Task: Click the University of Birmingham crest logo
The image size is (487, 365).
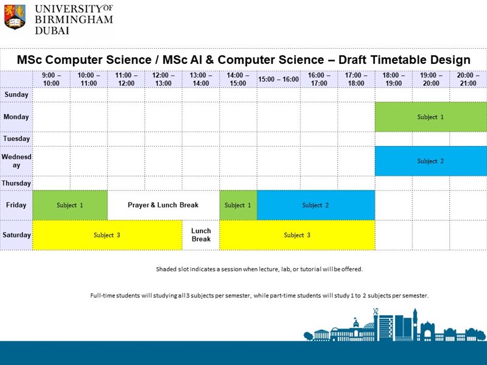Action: point(15,16)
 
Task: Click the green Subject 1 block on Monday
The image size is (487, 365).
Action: point(430,117)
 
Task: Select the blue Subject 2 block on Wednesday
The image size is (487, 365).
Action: point(430,161)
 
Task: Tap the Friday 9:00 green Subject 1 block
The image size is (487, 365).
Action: point(70,205)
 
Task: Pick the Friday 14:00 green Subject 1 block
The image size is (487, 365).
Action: point(238,205)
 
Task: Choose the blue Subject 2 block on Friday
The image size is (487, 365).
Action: point(315,205)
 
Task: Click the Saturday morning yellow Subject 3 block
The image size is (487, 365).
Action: point(107,235)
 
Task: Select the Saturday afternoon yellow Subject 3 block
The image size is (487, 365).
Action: point(297,235)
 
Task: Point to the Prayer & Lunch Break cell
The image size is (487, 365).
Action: point(163,205)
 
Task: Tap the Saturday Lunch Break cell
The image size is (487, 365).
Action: point(201,235)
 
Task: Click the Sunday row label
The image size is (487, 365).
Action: point(16,95)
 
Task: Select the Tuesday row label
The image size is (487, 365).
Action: point(16,139)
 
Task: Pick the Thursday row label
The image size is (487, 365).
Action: point(16,183)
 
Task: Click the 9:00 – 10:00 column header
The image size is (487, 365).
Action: point(51,79)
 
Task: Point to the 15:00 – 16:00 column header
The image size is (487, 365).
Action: point(278,79)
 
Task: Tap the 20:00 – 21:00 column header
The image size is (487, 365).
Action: point(468,79)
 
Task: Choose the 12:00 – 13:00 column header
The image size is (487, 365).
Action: point(163,79)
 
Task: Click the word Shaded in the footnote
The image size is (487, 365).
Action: point(166,269)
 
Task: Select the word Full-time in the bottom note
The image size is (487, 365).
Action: point(104,296)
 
